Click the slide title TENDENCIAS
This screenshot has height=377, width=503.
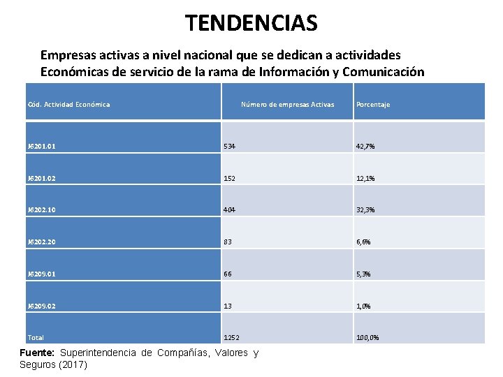(251, 23)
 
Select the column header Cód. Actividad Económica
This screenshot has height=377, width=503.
(68, 105)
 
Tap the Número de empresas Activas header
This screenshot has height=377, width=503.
(287, 105)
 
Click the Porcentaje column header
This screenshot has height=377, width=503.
(373, 105)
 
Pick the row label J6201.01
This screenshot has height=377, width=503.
(41, 147)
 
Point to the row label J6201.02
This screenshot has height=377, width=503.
(41, 179)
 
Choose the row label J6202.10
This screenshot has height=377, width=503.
(41, 210)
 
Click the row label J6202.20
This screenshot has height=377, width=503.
(41, 242)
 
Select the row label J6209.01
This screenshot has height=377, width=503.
(41, 274)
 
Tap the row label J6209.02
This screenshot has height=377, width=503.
(41, 306)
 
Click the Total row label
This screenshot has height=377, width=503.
(36, 338)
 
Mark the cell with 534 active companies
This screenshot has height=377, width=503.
(230, 147)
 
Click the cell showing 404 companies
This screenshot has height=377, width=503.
(230, 210)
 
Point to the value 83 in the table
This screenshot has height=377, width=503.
(228, 242)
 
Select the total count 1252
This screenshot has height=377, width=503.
(232, 338)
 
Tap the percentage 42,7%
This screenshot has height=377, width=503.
(366, 147)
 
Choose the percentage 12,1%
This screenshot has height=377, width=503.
(366, 179)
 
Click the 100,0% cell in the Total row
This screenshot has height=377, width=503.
(367, 338)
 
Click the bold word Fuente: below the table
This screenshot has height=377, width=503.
(37, 353)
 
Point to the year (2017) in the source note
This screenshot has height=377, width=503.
(72, 364)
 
